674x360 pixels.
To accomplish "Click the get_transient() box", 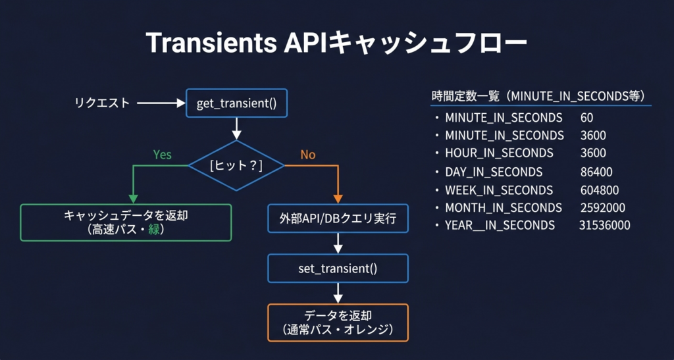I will tap(237, 103).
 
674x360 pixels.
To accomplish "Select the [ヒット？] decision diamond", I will tap(236, 166).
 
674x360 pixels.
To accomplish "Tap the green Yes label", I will tap(162, 155).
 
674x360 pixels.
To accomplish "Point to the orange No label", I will tap(308, 155).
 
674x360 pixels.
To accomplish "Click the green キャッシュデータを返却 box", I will tap(126, 222).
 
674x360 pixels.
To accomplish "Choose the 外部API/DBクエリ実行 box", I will tap(338, 219).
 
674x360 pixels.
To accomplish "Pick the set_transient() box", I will tap(338, 269).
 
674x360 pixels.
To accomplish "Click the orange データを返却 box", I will tap(338, 322).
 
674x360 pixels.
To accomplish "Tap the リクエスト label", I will tap(101, 103).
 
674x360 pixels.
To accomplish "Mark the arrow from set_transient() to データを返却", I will tap(338, 293).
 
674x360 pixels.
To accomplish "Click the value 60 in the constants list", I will tap(587, 118).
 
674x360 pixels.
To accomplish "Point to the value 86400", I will tap(596, 172).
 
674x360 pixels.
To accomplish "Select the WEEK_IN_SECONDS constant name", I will tap(499, 190).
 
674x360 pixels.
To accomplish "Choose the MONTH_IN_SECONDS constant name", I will tap(504, 208).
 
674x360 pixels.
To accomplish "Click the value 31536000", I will tap(604, 226).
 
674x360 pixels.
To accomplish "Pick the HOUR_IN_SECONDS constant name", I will tap(499, 153).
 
